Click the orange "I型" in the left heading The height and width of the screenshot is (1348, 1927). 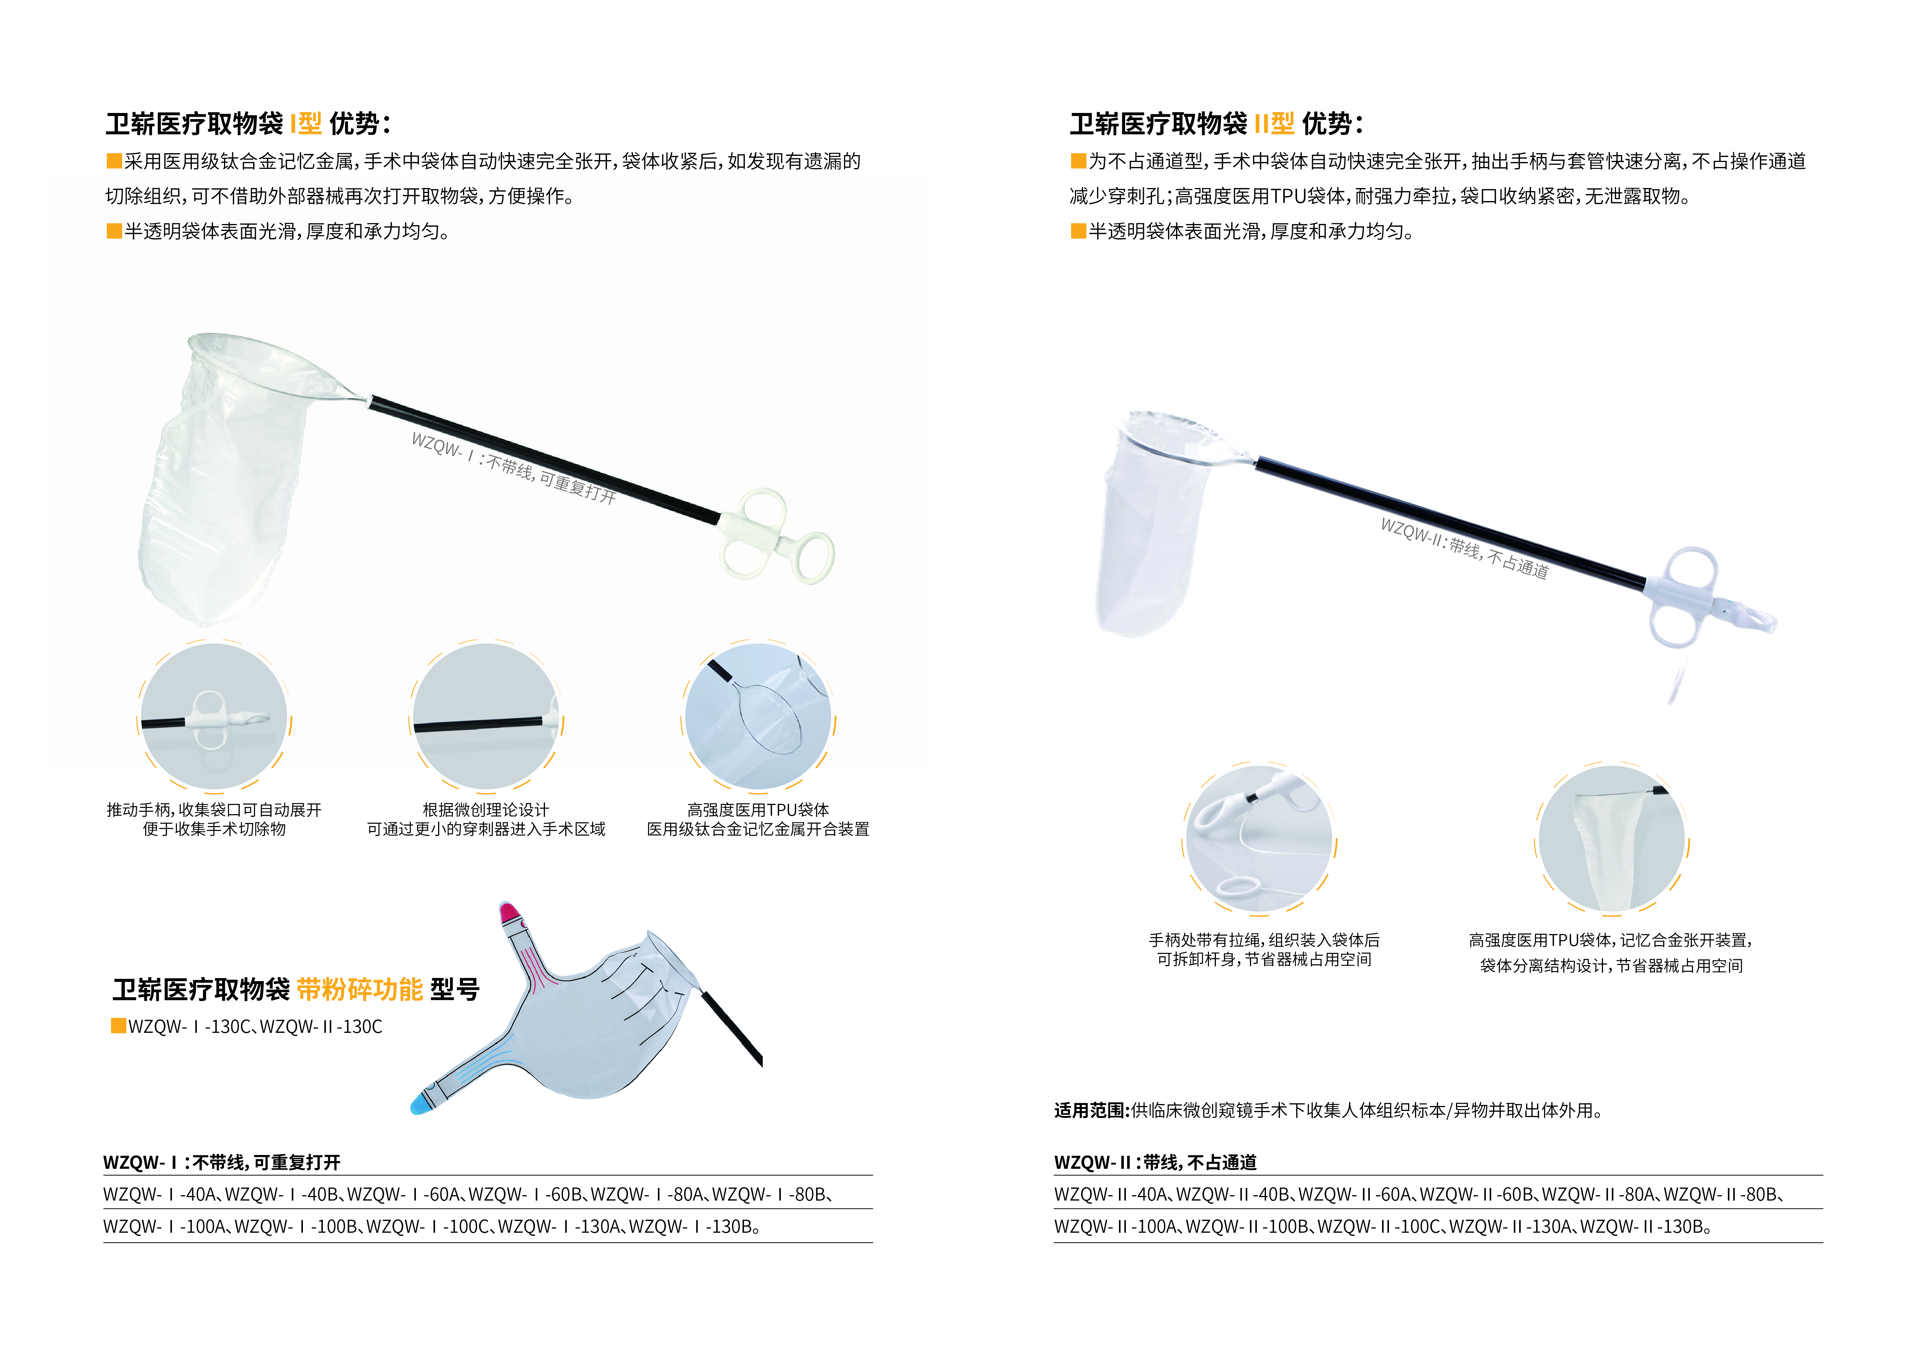(306, 124)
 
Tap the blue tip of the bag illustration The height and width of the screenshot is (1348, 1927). (420, 1103)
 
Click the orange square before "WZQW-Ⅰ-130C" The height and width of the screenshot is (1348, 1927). (118, 1026)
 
